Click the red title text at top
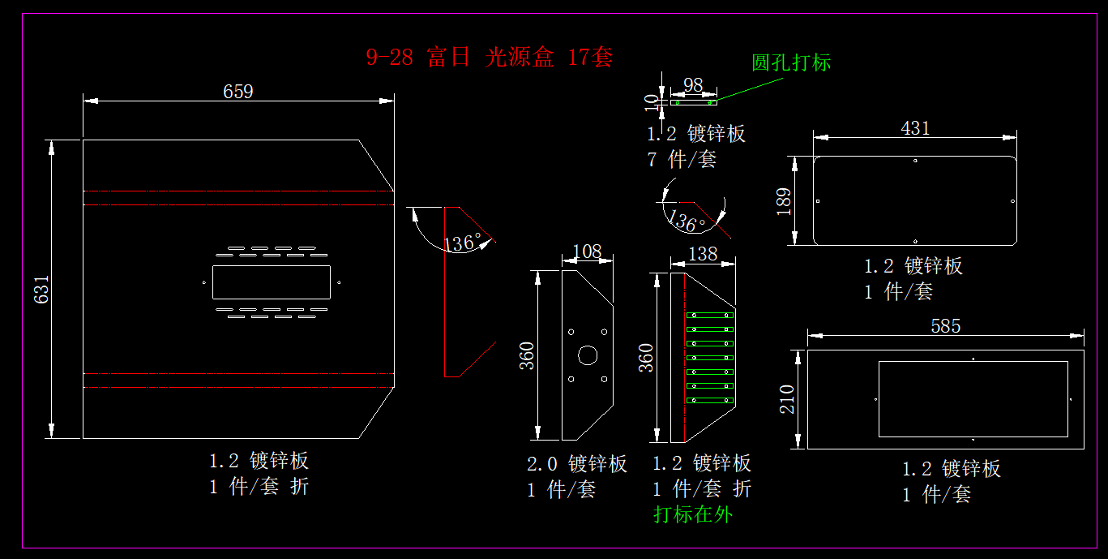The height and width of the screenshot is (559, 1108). coord(489,58)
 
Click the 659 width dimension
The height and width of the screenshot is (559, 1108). coord(238,92)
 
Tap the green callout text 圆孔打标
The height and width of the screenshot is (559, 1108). coord(791,62)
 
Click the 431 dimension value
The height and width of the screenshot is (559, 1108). coord(915,128)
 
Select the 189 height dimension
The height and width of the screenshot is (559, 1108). coord(784,201)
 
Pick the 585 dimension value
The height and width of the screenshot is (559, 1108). coord(945,326)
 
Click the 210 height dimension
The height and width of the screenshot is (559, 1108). coord(788,399)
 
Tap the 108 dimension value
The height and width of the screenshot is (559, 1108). coord(587,252)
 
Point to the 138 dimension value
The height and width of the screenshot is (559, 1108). coord(702,254)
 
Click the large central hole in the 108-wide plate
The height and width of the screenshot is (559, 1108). coord(588,355)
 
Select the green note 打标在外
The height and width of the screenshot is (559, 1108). coord(692,514)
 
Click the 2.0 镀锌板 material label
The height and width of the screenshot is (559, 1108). coord(576,464)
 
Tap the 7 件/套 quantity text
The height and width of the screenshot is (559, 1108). coord(682,159)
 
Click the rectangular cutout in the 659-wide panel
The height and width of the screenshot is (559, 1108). coord(271,282)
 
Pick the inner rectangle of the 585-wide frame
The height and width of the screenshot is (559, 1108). coord(973,399)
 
